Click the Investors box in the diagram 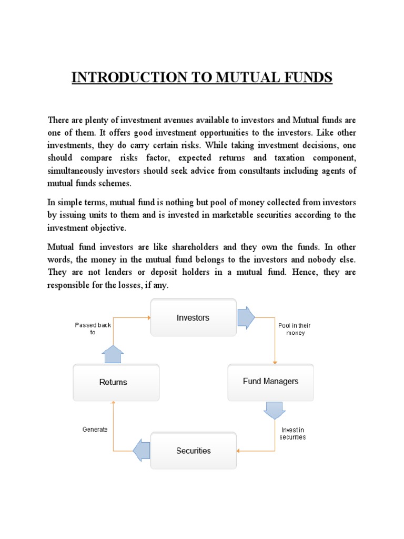coord(193,318)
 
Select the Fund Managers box coord(270,382)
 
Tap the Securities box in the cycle coord(193,451)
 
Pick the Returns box coord(113,382)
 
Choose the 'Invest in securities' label coord(293,433)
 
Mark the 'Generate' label coord(95,430)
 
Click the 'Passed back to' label coord(93,329)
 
